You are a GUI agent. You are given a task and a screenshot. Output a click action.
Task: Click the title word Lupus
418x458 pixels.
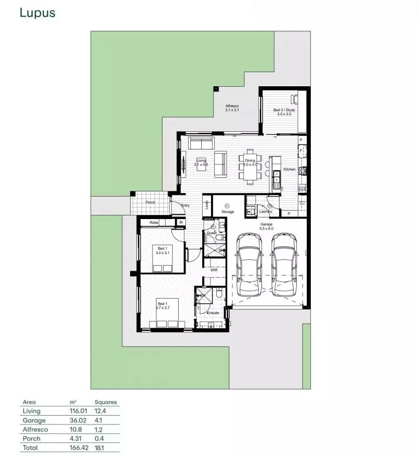click(37, 13)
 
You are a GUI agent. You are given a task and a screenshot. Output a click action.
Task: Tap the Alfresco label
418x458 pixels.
click(232, 108)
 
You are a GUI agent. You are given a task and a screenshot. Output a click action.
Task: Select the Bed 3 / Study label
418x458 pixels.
click(284, 112)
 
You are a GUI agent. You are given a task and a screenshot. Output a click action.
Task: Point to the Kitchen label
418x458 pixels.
click(289, 169)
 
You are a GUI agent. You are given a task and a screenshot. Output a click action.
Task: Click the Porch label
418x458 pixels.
click(150, 202)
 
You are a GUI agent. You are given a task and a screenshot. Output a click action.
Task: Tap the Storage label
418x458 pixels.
click(228, 212)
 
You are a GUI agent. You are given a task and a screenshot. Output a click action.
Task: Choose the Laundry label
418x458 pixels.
click(265, 211)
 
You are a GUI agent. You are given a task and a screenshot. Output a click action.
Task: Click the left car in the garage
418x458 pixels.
click(249, 264)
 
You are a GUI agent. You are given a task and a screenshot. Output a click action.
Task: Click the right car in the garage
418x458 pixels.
click(284, 264)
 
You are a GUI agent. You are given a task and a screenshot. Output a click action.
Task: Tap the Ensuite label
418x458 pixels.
click(213, 313)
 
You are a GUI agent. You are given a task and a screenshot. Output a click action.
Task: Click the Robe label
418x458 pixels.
click(154, 223)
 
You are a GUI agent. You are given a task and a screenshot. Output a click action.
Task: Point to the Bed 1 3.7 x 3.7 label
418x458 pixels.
click(162, 306)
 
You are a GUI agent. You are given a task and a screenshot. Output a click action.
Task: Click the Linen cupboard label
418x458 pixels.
click(207, 205)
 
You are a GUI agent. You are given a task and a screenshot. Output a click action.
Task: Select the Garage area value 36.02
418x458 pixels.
click(78, 420)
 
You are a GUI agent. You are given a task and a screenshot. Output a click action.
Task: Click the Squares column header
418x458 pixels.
click(106, 402)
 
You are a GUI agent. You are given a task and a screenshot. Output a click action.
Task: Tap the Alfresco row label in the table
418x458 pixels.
click(33, 429)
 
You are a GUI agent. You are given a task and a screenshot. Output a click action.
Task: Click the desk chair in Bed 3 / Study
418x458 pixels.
click(295, 99)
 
